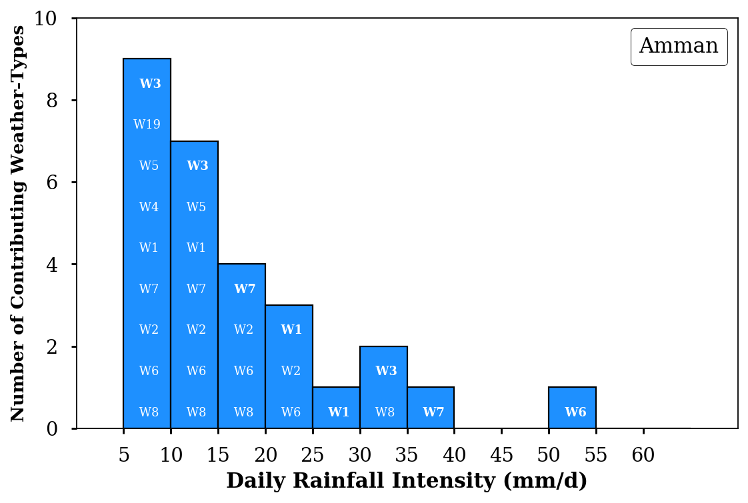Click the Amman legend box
(679, 47)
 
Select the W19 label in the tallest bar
(147, 125)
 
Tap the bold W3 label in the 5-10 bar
(150, 84)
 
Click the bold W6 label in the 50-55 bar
(575, 412)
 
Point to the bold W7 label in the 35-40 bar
(433, 412)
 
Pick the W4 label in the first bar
(149, 207)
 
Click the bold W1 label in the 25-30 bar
(339, 412)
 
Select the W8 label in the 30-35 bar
(385, 412)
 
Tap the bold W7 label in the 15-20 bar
(245, 289)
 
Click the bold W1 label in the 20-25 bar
(291, 330)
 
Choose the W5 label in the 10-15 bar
(196, 207)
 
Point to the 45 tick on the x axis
(502, 455)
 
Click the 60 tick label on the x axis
(643, 455)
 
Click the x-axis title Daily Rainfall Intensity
(407, 481)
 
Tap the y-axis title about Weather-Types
(19, 223)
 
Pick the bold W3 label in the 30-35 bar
(386, 371)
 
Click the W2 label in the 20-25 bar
(291, 371)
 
